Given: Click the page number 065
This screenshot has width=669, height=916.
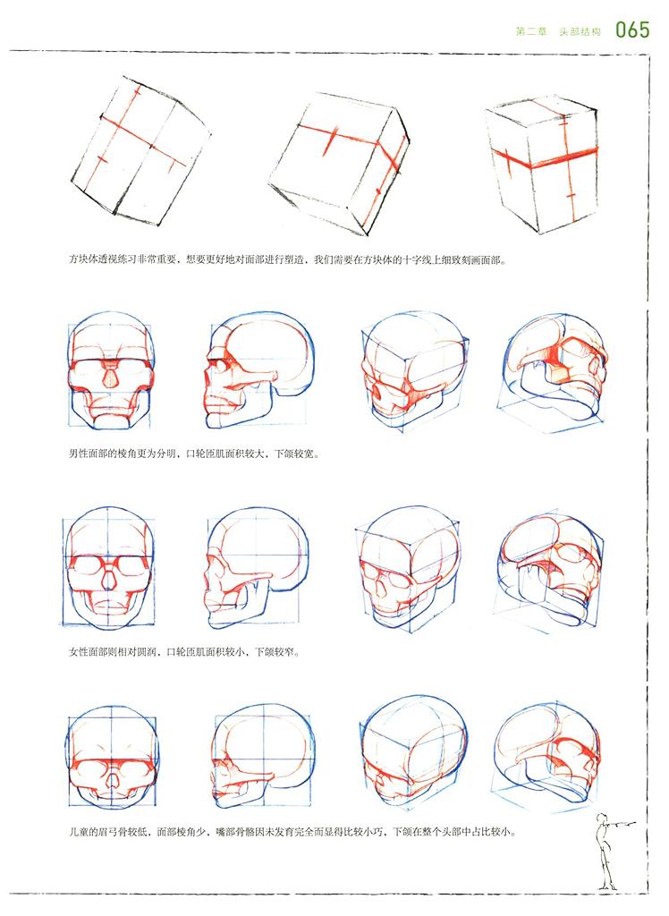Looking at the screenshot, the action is [632, 30].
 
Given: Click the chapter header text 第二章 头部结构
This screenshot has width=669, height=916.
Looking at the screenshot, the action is [558, 31].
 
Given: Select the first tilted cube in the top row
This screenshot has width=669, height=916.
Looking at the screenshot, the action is [140, 150].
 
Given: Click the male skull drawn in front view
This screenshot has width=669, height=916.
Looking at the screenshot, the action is [110, 373].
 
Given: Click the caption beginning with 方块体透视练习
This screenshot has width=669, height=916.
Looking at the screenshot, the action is [287, 260].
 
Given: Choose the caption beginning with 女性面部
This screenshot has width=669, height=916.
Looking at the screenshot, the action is [184, 651].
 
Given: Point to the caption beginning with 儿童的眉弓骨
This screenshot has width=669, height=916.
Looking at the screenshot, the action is [292, 831].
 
